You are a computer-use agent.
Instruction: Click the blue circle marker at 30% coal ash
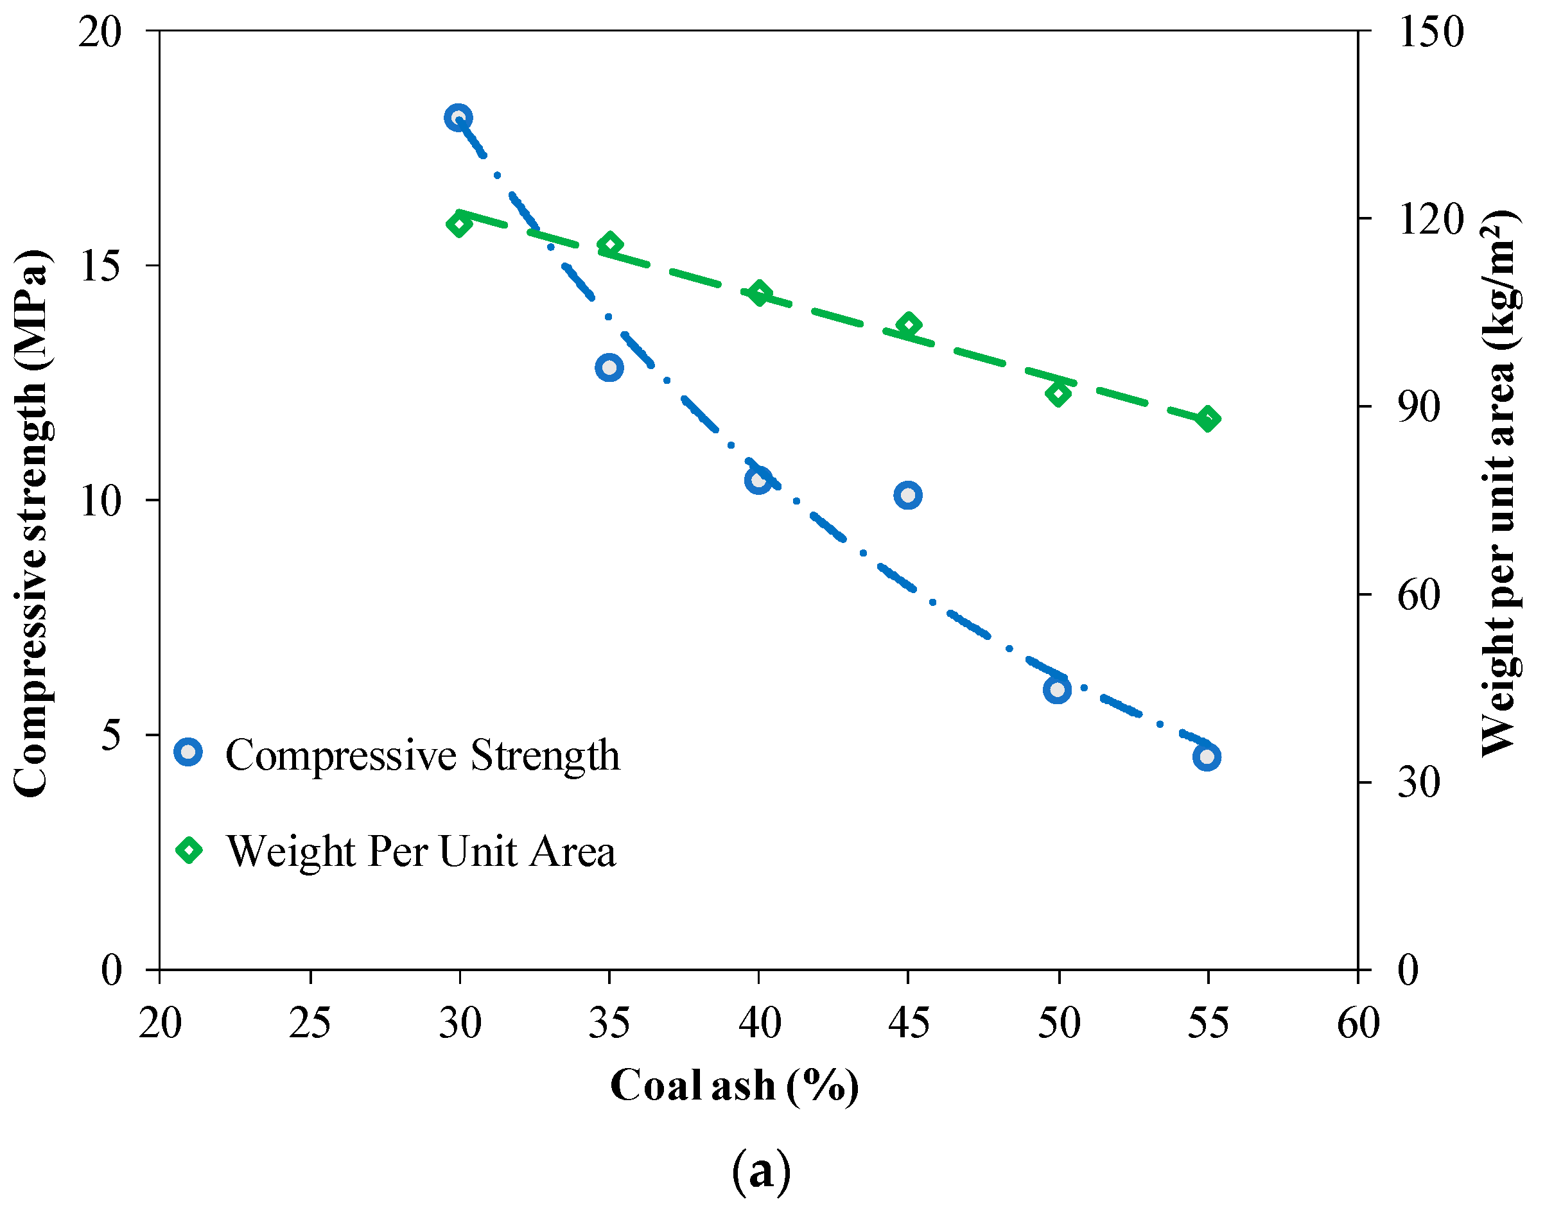pos(458,117)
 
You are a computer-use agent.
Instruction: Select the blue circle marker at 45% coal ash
pos(907,495)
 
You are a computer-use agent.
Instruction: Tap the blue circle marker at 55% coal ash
pos(1207,757)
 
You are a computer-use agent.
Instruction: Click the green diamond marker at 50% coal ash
pos(1058,393)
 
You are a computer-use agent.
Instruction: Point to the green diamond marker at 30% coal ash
pos(459,224)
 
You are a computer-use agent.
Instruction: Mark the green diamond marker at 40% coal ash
pos(760,293)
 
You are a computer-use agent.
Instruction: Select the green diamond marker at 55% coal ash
pos(1209,418)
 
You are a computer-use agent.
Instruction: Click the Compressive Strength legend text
pos(423,755)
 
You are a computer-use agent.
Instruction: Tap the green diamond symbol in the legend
pos(189,849)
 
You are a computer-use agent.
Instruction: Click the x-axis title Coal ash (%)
pos(735,1085)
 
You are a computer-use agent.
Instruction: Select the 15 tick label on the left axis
pos(100,266)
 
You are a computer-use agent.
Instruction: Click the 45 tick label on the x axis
pos(909,1023)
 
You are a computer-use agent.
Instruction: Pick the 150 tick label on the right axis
pos(1431,33)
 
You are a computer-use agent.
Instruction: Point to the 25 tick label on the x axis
pos(310,1023)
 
